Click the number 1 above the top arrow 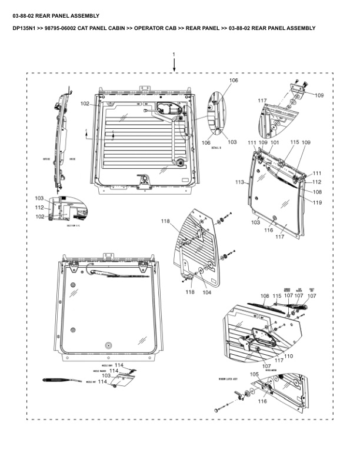click(x=174, y=54)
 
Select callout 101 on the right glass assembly click(x=274, y=142)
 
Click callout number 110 click(x=288, y=356)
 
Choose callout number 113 click(x=239, y=182)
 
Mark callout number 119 click(x=317, y=202)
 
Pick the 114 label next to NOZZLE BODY click(x=119, y=365)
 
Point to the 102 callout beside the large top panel click(x=85, y=104)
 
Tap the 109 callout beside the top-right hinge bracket click(x=319, y=95)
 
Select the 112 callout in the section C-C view click(x=39, y=207)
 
